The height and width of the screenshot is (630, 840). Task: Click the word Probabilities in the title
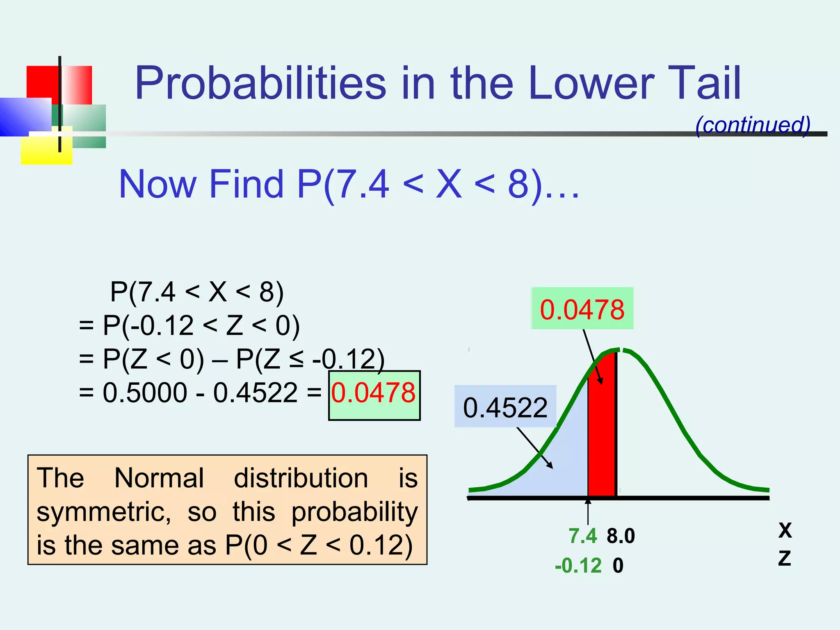point(260,84)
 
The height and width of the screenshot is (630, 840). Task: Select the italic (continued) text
point(753,125)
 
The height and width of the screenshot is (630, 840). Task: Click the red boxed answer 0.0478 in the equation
point(374,393)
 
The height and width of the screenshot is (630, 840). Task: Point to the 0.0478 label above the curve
point(582,310)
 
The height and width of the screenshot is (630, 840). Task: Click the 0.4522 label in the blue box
point(505,408)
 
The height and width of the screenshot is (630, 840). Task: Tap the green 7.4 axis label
point(582,536)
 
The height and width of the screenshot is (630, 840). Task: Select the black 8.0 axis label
point(621,536)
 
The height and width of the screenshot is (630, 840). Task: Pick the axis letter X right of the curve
point(785,530)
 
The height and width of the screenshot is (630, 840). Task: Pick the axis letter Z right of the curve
point(784,559)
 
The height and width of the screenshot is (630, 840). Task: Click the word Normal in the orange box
point(159,478)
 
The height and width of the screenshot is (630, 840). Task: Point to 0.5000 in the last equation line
point(145,393)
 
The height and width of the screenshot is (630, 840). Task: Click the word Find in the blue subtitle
point(246,184)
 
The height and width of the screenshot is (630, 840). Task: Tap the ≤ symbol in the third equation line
point(296,360)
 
